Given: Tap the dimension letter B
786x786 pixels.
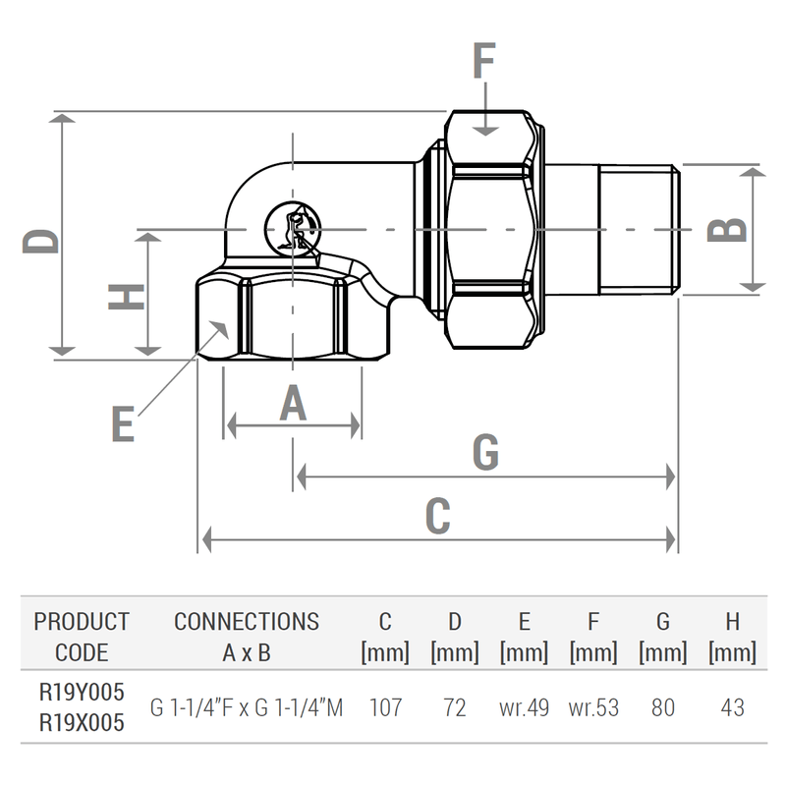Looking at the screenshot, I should (728, 230).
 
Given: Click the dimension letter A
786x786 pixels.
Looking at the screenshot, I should (293, 402).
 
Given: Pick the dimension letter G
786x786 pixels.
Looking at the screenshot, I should (485, 453).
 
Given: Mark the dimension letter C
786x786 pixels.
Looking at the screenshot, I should (437, 515).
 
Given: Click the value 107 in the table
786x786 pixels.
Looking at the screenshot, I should (385, 707).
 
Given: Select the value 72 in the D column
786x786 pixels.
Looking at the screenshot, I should (454, 707).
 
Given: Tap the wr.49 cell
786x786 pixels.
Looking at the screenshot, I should (523, 707).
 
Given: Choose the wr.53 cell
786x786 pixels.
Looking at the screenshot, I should (592, 707).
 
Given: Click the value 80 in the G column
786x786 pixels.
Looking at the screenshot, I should (662, 707).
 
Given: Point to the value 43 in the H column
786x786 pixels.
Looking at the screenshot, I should (731, 707).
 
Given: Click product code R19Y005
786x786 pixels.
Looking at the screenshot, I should (82, 691).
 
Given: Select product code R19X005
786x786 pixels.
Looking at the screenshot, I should (82, 724).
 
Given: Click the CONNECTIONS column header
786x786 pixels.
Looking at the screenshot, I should (247, 622).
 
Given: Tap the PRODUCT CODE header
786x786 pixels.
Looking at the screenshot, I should (82, 637).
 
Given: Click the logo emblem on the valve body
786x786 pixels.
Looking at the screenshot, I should (291, 230).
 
